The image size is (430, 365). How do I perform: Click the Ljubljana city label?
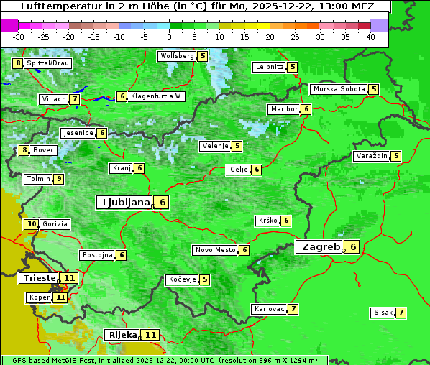pyautogui.click(x=124, y=203)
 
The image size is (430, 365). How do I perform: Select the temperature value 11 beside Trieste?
pyautogui.click(x=69, y=278)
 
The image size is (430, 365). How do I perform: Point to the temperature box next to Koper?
pyautogui.click(x=60, y=297)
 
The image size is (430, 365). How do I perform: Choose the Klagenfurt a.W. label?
pyautogui.click(x=157, y=96)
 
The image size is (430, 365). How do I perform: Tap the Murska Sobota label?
pyautogui.click(x=338, y=89)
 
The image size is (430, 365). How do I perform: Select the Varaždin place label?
pyautogui.click(x=371, y=156)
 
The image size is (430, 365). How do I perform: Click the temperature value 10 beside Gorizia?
pyautogui.click(x=32, y=224)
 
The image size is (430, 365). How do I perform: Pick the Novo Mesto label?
pyautogui.click(x=215, y=250)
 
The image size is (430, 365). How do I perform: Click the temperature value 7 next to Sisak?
pyautogui.click(x=401, y=313)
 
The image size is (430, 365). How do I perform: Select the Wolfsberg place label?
pyautogui.click(x=177, y=56)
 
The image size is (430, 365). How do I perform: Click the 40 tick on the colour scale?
pyautogui.click(x=370, y=36)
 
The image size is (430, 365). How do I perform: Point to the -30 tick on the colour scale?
pyautogui.click(x=19, y=36)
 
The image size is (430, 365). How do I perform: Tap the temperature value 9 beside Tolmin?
pyautogui.click(x=59, y=179)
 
